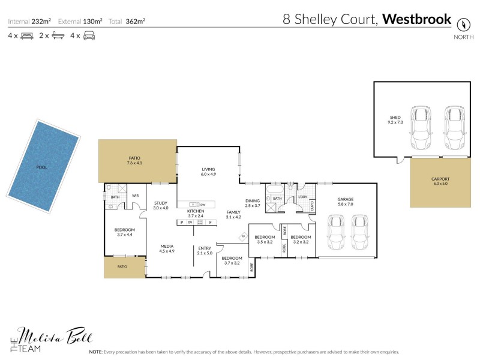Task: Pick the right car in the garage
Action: point(359,233)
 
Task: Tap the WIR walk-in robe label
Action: point(136,195)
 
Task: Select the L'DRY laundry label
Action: point(303,197)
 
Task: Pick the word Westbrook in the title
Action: point(416,19)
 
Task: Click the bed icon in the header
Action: point(26,36)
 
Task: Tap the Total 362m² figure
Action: point(136,21)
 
